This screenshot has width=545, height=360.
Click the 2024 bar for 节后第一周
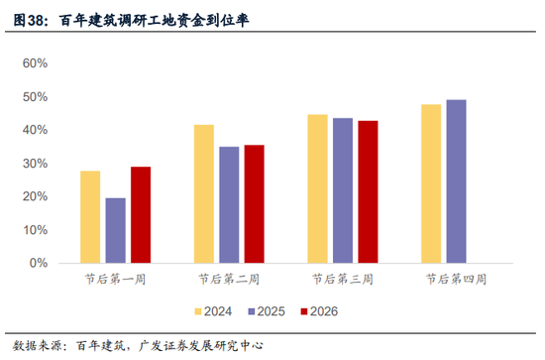coord(90,217)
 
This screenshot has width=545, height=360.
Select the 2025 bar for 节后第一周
coord(116,230)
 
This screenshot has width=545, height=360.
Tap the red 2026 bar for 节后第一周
coord(141,214)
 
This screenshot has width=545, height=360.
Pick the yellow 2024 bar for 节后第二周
coord(203,193)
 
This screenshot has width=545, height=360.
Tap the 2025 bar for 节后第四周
coord(456,181)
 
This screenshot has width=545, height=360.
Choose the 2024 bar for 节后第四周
coord(430,183)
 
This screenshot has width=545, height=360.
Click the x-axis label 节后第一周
coord(116,280)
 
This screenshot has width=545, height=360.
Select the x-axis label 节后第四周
coord(456,280)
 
